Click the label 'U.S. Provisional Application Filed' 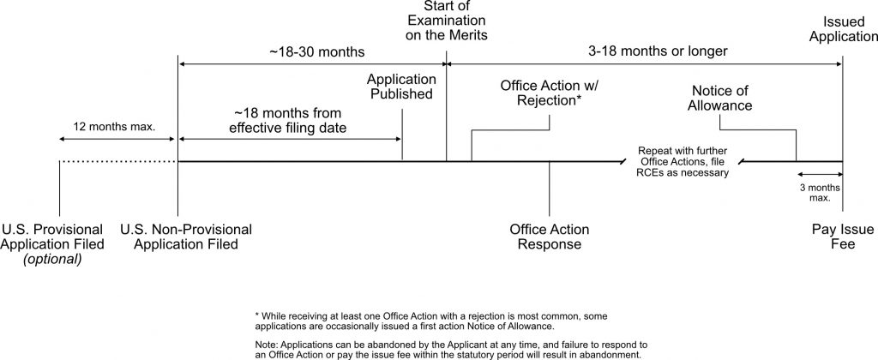[x=52, y=237]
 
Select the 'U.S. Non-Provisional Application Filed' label [x=186, y=237]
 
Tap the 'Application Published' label [x=401, y=87]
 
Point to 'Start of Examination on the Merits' [x=446, y=21]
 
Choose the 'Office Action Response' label [x=550, y=237]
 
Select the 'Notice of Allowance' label [x=719, y=98]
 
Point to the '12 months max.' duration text [x=114, y=127]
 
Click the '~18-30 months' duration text [x=317, y=52]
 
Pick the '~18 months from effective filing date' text [x=288, y=120]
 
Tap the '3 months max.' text [x=819, y=193]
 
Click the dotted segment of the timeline [x=118, y=162]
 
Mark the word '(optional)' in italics [x=52, y=260]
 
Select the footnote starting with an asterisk [x=430, y=321]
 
